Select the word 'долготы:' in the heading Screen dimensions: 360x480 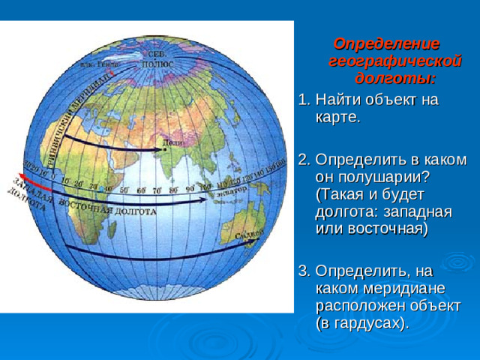click(x=395, y=78)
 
